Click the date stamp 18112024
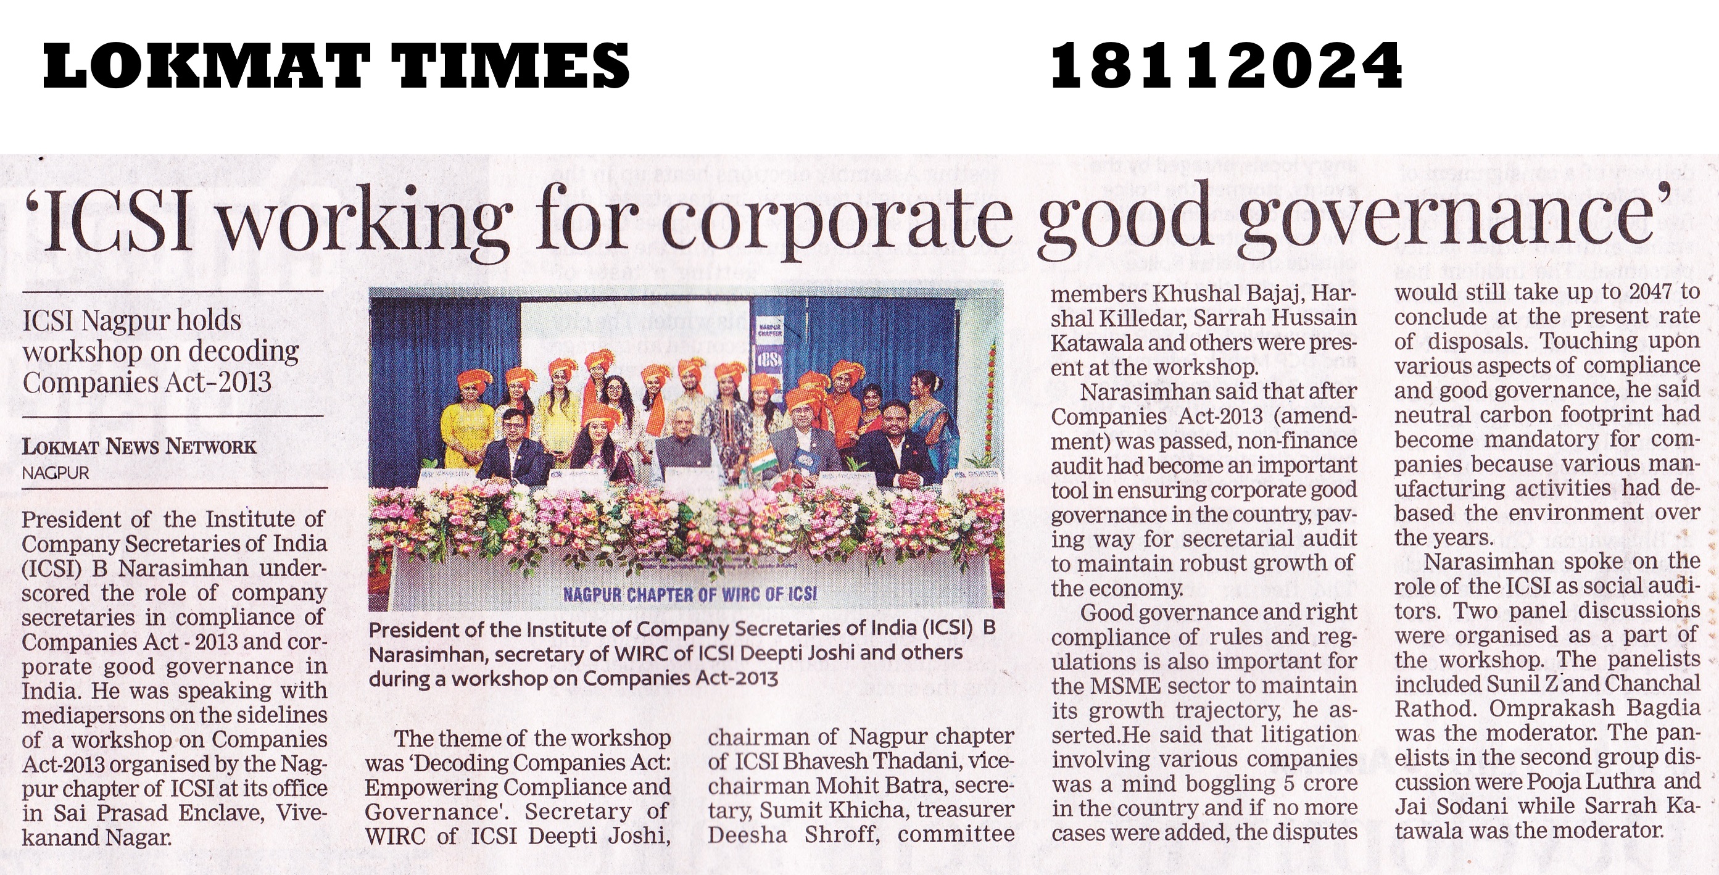tap(1226, 65)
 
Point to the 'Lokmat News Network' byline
tap(139, 447)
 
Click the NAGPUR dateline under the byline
tap(56, 473)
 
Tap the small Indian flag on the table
tap(759, 463)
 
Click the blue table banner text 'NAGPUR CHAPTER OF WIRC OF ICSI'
tap(689, 594)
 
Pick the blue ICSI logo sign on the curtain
tap(769, 360)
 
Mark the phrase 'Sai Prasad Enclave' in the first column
tap(175, 813)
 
